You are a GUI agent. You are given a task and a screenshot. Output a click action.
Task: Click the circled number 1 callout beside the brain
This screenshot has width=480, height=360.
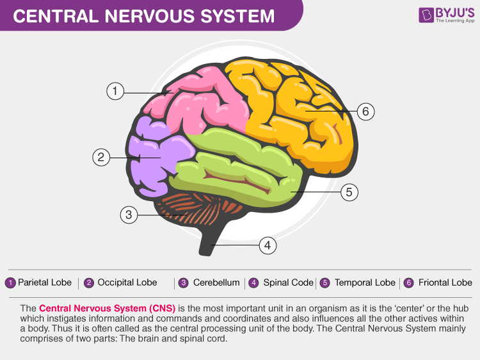[x=115, y=91]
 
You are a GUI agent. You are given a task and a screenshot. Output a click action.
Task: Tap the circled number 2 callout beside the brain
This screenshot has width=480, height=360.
[x=101, y=157]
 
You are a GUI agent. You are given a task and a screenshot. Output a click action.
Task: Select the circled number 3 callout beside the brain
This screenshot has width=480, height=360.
[x=129, y=215]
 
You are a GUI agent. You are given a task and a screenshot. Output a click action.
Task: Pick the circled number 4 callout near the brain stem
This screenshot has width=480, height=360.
[x=268, y=245]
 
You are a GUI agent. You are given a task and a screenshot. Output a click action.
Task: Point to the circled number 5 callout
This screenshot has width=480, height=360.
[x=349, y=191]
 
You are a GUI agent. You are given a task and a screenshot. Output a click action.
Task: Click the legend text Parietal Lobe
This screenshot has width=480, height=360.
[x=45, y=282]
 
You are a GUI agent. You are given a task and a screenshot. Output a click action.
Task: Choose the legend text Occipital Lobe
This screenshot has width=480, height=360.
[x=127, y=282]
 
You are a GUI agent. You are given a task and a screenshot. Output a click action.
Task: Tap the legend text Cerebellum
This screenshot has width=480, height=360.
[x=216, y=282]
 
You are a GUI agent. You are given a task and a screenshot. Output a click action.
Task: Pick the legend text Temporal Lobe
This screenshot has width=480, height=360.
[x=365, y=282]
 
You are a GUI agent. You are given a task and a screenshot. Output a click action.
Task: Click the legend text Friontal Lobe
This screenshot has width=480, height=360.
[x=445, y=282]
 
